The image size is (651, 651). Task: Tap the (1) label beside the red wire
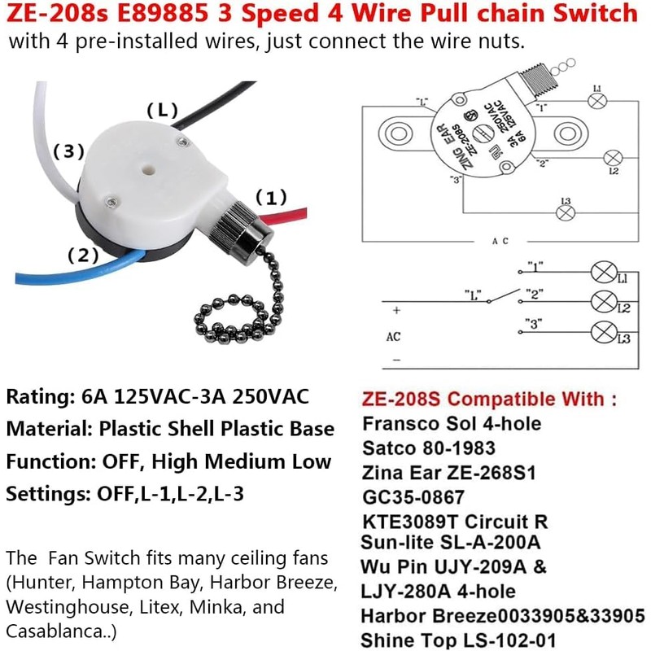tap(271, 198)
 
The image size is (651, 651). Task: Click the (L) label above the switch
tap(162, 110)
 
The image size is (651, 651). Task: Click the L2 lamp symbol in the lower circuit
tap(603, 302)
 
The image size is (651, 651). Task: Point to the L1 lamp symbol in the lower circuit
tap(603, 273)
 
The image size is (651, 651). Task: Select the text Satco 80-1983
tap(427, 448)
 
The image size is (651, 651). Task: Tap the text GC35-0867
tap(413, 496)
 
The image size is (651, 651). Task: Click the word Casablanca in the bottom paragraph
tap(49, 631)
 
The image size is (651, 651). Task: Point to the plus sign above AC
tap(396, 311)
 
